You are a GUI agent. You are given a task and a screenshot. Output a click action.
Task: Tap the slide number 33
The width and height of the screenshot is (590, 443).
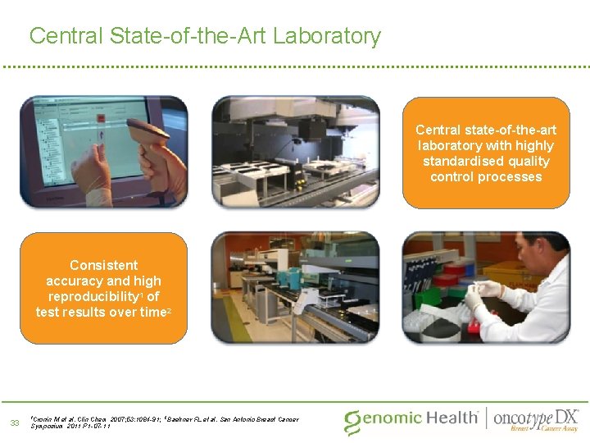pyautogui.click(x=14, y=422)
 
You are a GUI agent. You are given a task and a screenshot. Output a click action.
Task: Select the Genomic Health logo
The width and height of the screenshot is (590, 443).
pyautogui.click(x=411, y=419)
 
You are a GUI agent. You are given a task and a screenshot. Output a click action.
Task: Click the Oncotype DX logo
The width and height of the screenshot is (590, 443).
pyautogui.click(x=536, y=418)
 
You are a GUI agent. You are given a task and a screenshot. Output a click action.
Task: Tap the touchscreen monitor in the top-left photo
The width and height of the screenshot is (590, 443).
pyautogui.click(x=74, y=139)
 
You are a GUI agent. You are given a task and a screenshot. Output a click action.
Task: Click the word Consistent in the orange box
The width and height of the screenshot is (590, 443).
pyautogui.click(x=103, y=265)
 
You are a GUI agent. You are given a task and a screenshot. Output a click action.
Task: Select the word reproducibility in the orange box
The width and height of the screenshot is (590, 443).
pyautogui.click(x=93, y=296)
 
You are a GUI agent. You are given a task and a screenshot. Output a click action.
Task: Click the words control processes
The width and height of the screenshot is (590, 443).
pyautogui.click(x=486, y=176)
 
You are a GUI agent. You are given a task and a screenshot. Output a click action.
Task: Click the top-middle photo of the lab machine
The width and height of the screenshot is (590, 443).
pyautogui.click(x=295, y=151)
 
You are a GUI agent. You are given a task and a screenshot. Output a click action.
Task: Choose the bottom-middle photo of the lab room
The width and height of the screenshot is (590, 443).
pyautogui.click(x=295, y=286)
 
